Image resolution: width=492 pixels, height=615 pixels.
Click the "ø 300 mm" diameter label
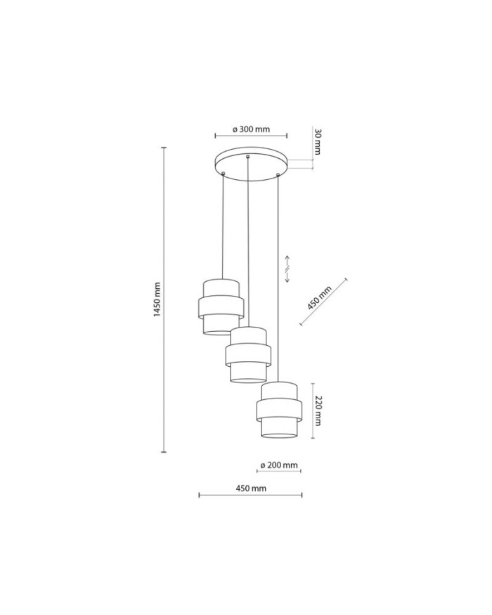pyautogui.click(x=251, y=129)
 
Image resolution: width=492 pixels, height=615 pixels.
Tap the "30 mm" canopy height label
pyautogui.click(x=317, y=141)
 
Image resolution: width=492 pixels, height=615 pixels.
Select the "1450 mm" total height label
pyautogui.click(x=157, y=299)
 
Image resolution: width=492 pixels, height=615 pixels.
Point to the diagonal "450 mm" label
pyautogui.click(x=319, y=299)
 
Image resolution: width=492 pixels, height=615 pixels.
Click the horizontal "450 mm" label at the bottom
pyautogui.click(x=251, y=487)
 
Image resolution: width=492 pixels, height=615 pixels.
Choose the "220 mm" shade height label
pyautogui.click(x=318, y=411)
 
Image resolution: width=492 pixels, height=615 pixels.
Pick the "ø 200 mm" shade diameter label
pyautogui.click(x=279, y=465)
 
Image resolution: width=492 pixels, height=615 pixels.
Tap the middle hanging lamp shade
pyautogui.click(x=247, y=355)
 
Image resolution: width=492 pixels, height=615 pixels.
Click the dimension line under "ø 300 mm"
pyautogui.click(x=251, y=136)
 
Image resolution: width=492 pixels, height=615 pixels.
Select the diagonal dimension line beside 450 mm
pyautogui.click(x=324, y=302)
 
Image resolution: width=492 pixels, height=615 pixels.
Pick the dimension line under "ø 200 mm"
pyautogui.click(x=279, y=472)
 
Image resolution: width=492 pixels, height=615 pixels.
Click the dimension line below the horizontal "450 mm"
pyautogui.click(x=251, y=496)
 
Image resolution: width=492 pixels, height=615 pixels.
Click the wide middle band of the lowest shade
pyautogui.click(x=279, y=409)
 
